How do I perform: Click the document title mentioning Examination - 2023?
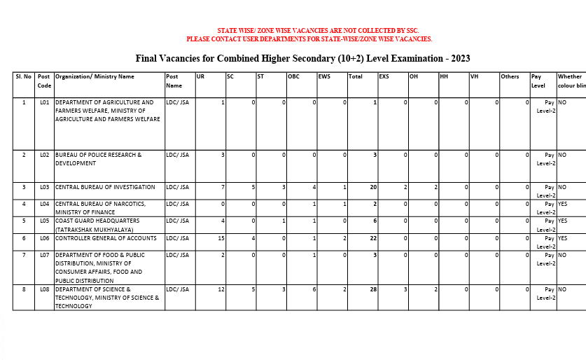(x=302, y=57)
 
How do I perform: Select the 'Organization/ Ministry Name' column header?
(x=95, y=76)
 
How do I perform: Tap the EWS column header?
(x=324, y=76)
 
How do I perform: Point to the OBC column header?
(x=293, y=76)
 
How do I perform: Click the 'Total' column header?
(x=356, y=76)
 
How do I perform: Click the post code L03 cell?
(x=44, y=187)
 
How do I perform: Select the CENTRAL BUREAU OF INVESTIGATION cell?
(x=105, y=187)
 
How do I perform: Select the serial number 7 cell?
(x=24, y=255)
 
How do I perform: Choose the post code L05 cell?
(x=44, y=221)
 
